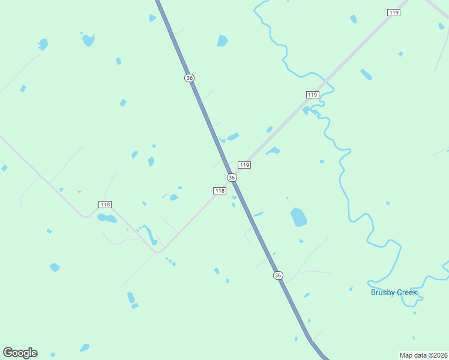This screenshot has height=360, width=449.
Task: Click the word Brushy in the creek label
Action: click(382, 292)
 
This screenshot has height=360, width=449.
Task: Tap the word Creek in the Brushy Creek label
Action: click(406, 292)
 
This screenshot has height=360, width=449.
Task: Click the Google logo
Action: click(20, 353)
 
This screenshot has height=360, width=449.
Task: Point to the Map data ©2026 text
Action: click(424, 355)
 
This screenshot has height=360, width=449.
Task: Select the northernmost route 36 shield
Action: click(190, 78)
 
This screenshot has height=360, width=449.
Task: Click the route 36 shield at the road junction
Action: click(232, 178)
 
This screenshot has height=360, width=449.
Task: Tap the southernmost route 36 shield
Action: click(277, 275)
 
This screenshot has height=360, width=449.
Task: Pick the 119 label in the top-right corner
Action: click(394, 13)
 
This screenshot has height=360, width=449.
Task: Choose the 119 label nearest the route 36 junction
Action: click(244, 165)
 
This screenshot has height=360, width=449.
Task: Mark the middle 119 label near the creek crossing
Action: click(312, 95)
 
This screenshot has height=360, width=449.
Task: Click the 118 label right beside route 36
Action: click(220, 191)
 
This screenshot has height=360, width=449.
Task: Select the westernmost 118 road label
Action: click(105, 205)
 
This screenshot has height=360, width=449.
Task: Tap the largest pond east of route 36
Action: click(298, 217)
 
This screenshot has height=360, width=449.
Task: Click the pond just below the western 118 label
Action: click(107, 218)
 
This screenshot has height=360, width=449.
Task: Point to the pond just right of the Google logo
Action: click(85, 347)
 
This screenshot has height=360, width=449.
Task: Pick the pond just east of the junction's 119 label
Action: click(273, 151)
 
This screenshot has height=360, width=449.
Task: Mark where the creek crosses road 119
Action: click(328, 82)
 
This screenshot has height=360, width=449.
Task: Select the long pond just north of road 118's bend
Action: click(150, 235)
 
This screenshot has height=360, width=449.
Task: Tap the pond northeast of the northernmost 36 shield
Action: click(223, 41)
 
